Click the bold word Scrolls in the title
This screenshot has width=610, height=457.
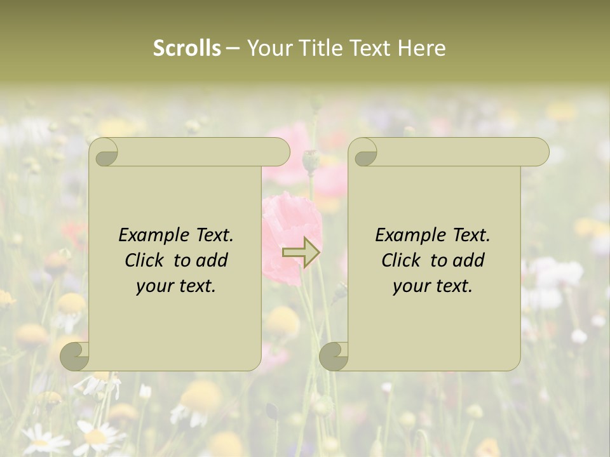point(187,48)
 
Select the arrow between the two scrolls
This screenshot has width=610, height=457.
point(301,253)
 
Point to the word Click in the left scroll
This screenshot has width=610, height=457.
point(146,260)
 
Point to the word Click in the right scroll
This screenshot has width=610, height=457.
point(402,260)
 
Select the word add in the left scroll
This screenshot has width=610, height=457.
point(213,260)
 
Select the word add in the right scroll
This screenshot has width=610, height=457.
point(470,260)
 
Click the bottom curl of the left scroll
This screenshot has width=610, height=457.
point(75,356)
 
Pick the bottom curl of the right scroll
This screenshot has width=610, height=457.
point(334,356)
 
